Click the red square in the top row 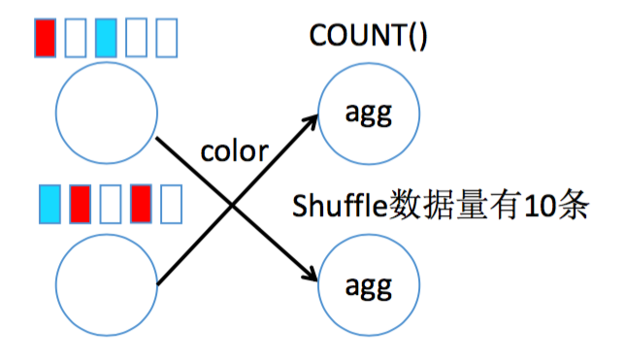pyautogui.click(x=45, y=37)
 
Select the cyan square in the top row pyautogui.click(x=107, y=37)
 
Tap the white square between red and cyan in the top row pyautogui.click(x=76, y=37)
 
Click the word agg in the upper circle pyautogui.click(x=368, y=114)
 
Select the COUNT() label pyautogui.click(x=368, y=35)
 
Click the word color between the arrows pyautogui.click(x=233, y=152)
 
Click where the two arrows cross pyautogui.click(x=233, y=204)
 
